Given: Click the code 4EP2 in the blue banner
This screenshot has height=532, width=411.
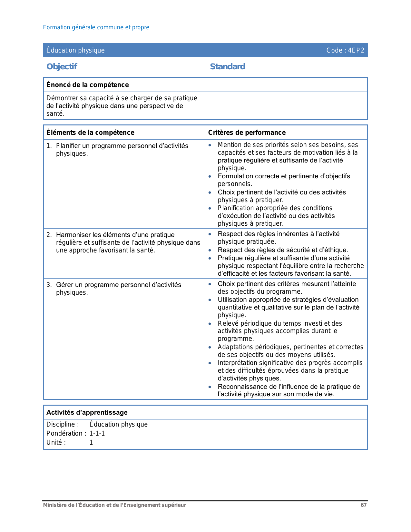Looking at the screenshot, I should (345, 50).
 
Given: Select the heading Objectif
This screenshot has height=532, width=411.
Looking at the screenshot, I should (62, 67).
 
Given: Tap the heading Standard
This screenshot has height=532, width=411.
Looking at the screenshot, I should (227, 67).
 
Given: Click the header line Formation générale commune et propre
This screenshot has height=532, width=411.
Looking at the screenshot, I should (96, 27).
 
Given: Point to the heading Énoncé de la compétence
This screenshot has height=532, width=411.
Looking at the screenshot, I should (87, 85).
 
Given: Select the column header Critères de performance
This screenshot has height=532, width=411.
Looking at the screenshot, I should (247, 133).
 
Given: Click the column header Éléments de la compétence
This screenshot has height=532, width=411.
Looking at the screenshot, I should (90, 133).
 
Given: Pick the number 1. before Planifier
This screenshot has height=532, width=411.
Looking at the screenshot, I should (49, 146).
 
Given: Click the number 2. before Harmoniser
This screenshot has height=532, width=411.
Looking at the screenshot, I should (49, 235).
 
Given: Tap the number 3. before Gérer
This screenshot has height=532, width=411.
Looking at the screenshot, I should (49, 285).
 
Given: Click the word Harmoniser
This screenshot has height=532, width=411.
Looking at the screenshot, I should (71, 235).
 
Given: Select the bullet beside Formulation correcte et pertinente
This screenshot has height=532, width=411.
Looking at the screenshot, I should (210, 176).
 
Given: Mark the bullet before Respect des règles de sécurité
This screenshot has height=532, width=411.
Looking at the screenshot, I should (210, 250).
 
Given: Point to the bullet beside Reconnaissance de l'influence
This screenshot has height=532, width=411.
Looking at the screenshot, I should (210, 387).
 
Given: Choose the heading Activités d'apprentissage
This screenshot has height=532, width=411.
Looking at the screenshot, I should (87, 412).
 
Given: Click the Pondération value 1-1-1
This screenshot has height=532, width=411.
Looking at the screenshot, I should (97, 433).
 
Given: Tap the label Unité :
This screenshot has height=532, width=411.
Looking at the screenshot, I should (56, 442).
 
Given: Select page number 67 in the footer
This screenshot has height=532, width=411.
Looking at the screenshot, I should (364, 505).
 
